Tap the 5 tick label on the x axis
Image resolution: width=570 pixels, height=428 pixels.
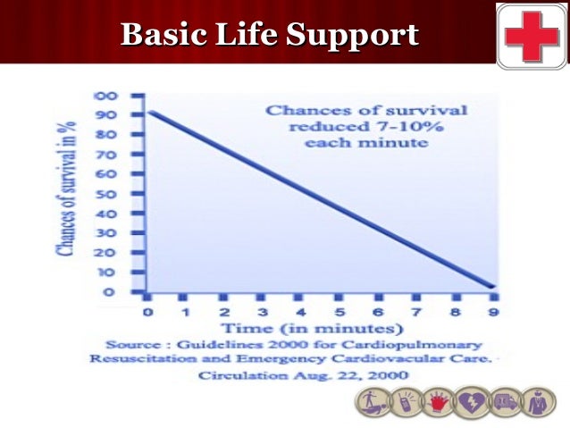[339, 313]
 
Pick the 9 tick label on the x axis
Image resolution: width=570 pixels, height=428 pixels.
[492, 313]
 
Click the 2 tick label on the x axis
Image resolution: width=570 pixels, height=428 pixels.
[224, 313]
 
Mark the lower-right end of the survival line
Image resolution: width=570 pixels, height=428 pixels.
[492, 287]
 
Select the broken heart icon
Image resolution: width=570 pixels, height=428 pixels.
[470, 403]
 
